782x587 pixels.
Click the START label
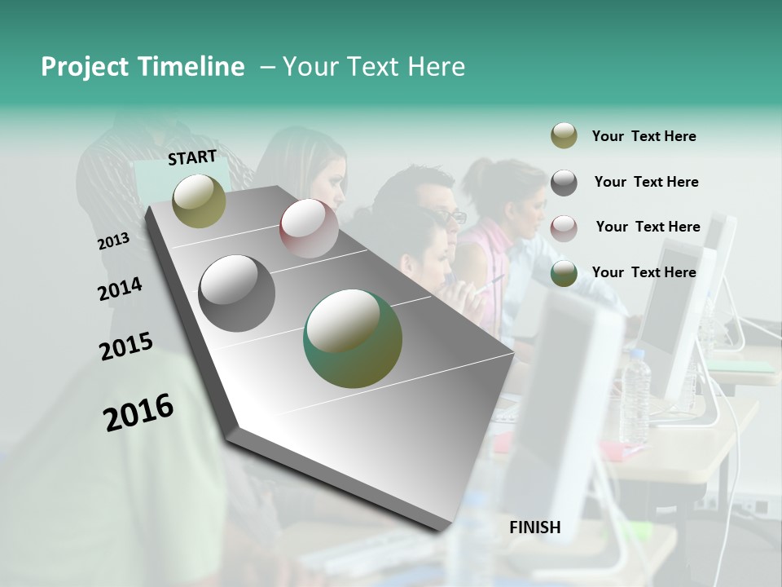[192, 157]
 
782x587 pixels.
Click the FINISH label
[534, 527]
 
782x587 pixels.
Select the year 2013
[113, 241]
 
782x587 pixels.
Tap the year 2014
[120, 289]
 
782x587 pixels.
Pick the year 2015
[126, 346]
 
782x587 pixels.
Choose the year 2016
[138, 412]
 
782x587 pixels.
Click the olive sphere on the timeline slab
[199, 201]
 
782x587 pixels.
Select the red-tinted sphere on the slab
[309, 228]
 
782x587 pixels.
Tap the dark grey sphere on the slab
[237, 293]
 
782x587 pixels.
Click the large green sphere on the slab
[353, 338]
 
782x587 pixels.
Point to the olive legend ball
[564, 136]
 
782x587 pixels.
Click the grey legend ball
[564, 183]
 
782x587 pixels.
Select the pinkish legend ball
[564, 227]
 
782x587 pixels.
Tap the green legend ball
[564, 273]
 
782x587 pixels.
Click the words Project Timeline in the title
[143, 67]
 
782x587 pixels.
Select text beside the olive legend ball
[644, 136]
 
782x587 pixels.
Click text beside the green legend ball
[644, 272]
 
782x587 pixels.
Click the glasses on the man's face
[452, 217]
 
